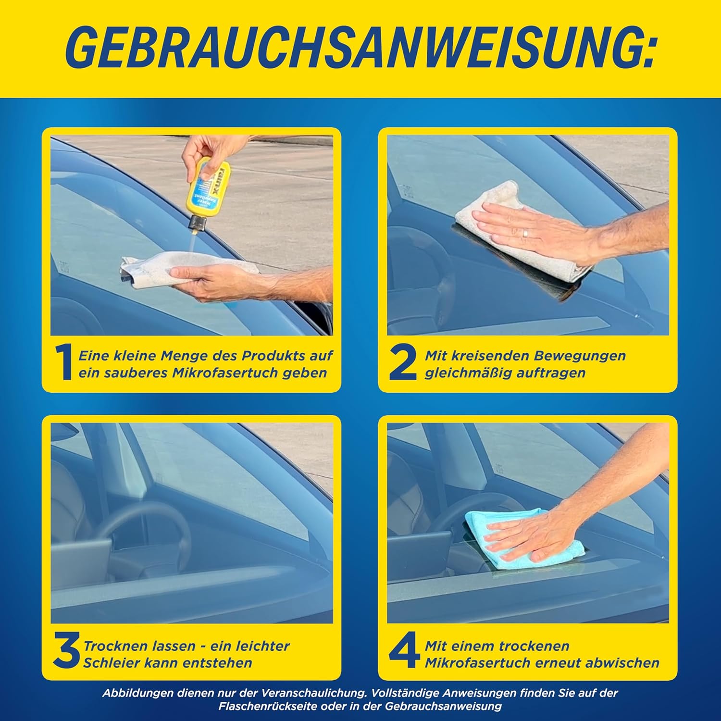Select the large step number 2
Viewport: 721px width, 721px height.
click(x=402, y=364)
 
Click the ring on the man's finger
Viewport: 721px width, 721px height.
click(x=526, y=234)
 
